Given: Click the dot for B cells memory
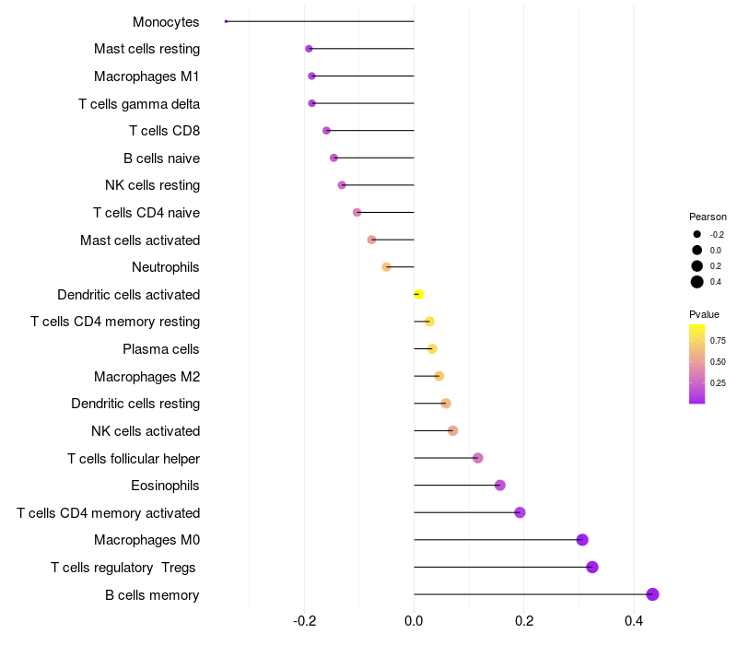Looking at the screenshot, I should (652, 594).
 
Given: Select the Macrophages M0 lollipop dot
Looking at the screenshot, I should (582, 540).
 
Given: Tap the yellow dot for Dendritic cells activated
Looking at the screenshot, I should (418, 294).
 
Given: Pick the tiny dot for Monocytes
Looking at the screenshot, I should (226, 21).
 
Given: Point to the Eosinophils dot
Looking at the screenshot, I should (500, 486).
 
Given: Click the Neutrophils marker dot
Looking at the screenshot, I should (386, 267).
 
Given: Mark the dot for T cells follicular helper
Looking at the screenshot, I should (477, 458).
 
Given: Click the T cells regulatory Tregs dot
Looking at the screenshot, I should (592, 567).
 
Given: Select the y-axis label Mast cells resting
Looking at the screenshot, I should (146, 49).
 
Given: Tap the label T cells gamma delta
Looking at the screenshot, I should (139, 103).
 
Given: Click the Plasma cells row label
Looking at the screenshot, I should (161, 349).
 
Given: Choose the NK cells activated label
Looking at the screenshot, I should (146, 431).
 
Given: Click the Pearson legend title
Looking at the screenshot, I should (708, 217).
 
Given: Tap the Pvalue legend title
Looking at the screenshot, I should (705, 314).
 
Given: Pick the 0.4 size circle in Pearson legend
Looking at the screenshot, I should (697, 282).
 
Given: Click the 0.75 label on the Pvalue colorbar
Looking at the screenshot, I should (718, 340).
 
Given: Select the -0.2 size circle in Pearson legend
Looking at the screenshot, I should (697, 234).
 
